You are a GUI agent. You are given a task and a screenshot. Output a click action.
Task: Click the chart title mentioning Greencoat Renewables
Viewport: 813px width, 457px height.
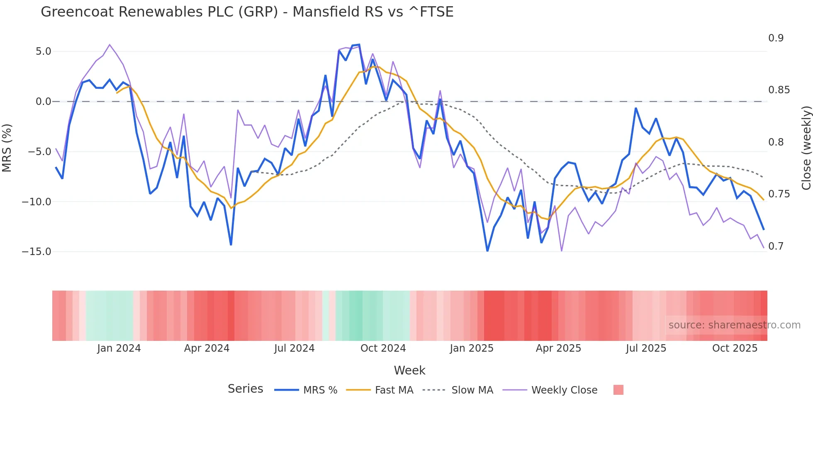(x=247, y=12)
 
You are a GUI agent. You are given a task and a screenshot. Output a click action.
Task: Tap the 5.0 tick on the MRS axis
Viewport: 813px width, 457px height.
(x=43, y=51)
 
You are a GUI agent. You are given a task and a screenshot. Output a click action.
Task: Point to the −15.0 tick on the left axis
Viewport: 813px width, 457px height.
(x=37, y=252)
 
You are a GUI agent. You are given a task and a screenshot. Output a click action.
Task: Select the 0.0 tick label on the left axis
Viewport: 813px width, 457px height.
(x=43, y=102)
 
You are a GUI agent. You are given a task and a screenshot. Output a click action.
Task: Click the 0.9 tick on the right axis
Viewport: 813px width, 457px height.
(x=776, y=38)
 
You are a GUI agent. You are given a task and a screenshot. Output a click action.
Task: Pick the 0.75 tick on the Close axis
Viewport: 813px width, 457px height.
(x=779, y=194)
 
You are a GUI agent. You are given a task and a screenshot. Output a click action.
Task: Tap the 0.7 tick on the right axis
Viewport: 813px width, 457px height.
(x=776, y=246)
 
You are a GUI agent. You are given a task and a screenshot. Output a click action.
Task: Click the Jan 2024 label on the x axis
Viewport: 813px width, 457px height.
(x=119, y=348)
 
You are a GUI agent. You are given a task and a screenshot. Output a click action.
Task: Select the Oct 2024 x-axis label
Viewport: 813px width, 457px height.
(x=383, y=348)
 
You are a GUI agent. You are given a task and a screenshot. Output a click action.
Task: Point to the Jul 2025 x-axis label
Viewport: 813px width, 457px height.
(x=646, y=348)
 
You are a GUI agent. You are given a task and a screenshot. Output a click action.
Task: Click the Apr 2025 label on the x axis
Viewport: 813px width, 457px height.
(x=558, y=348)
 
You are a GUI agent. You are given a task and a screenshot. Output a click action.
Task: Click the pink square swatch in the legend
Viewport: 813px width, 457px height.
(x=618, y=390)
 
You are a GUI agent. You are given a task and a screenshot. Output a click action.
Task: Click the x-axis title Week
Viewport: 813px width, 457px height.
(x=409, y=370)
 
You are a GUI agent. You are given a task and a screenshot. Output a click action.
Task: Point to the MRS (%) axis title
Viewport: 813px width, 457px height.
(x=7, y=148)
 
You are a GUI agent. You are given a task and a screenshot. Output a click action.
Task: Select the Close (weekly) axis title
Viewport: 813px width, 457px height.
(x=806, y=148)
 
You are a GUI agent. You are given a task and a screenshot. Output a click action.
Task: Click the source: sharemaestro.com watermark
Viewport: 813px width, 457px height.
(x=734, y=325)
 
